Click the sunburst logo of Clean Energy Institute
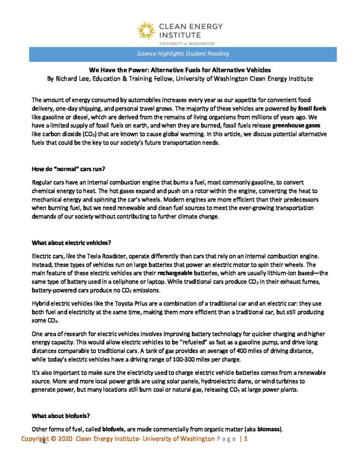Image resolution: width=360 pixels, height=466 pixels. [x=146, y=30]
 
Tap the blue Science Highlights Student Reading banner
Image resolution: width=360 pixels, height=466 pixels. [x=183, y=54]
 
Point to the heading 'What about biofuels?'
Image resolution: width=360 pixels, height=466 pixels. [x=55, y=415]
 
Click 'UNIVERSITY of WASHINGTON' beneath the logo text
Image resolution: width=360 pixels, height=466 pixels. [x=187, y=44]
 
